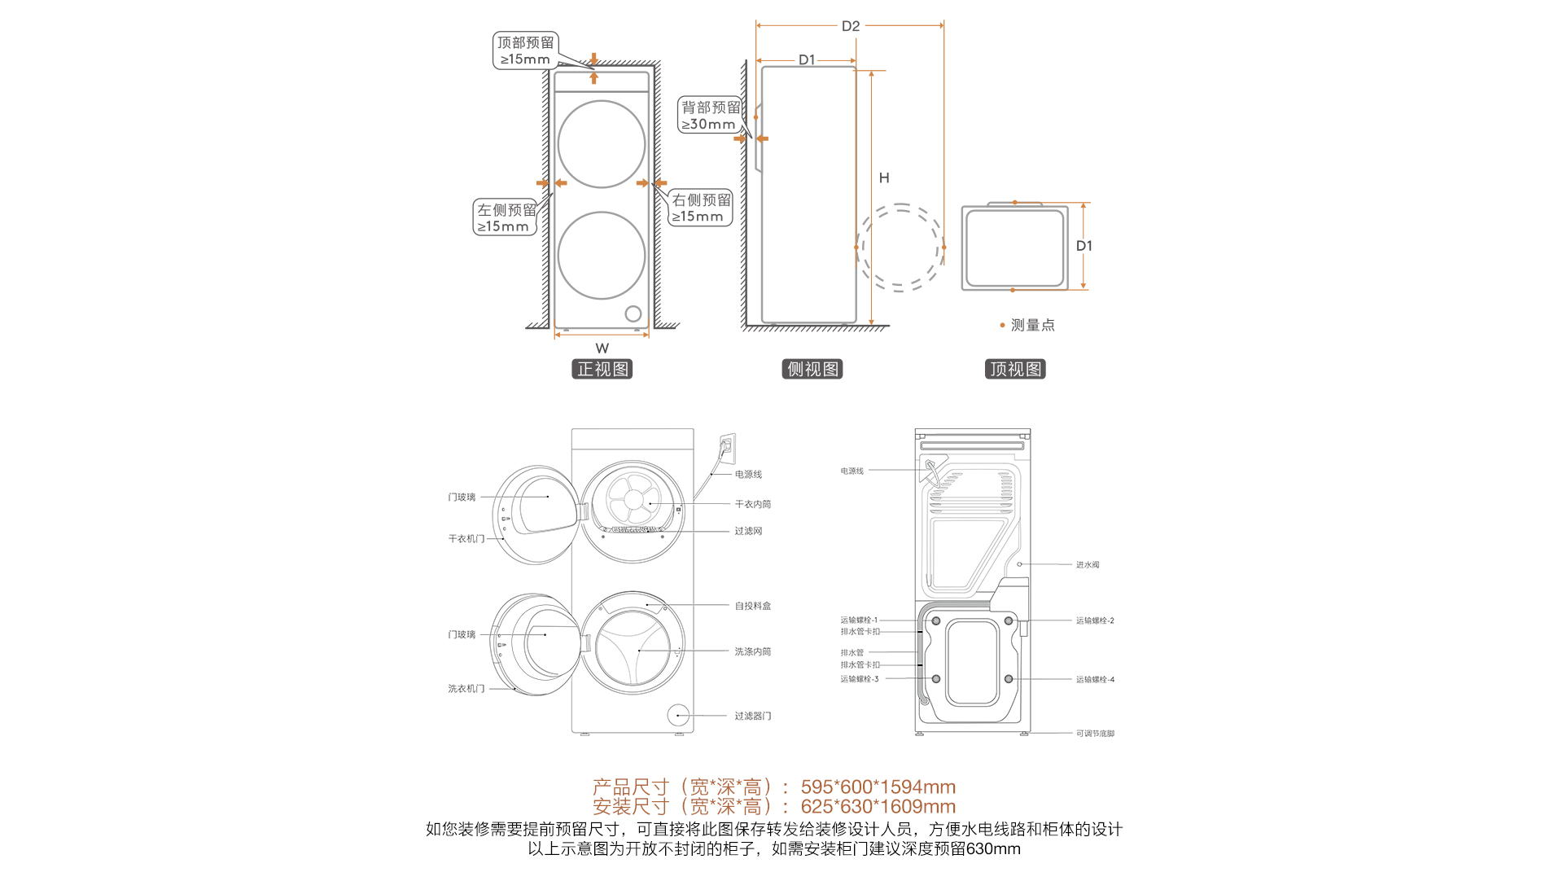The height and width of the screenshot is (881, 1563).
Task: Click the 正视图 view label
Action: (x=602, y=369)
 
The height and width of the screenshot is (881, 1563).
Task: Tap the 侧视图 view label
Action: (x=812, y=369)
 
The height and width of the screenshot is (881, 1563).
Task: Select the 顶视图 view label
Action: (x=1015, y=369)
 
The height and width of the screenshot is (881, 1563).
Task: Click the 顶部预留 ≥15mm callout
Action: (x=525, y=50)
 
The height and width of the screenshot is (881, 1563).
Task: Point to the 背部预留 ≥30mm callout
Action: (x=710, y=115)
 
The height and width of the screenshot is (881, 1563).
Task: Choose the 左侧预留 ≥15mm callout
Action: (x=506, y=217)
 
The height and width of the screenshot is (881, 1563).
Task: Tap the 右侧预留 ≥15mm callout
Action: (x=701, y=208)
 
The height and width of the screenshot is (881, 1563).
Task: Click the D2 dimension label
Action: (x=851, y=26)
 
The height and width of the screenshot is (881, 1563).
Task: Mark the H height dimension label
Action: (x=884, y=178)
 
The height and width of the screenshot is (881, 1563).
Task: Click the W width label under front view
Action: (x=602, y=348)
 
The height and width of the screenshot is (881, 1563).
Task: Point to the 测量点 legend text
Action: (x=1033, y=325)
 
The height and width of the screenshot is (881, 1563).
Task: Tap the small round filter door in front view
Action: (x=633, y=313)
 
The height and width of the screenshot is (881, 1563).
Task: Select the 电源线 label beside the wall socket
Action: (x=748, y=474)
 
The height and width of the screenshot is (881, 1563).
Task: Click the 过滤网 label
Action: (x=748, y=531)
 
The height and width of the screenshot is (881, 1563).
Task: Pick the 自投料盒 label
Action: (x=753, y=606)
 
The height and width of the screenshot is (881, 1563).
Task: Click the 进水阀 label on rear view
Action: (x=1088, y=564)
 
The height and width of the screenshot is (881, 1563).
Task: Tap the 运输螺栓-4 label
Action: (x=1095, y=679)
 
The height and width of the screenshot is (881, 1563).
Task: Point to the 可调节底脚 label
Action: (x=1095, y=734)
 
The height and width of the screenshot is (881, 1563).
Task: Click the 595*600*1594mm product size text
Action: (x=878, y=787)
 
